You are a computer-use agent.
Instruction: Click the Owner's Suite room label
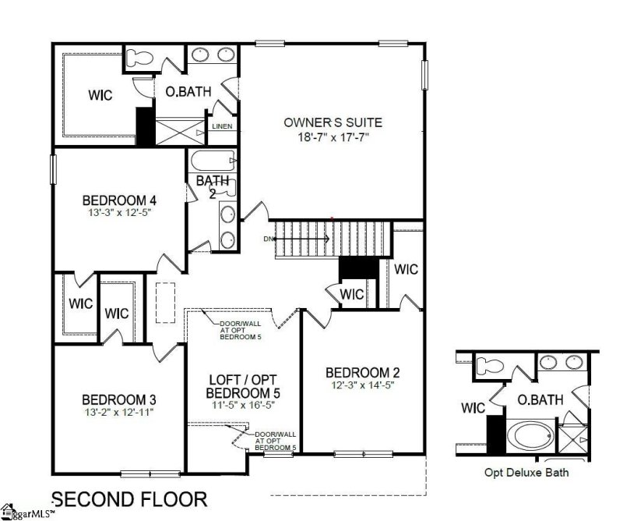click(333, 122)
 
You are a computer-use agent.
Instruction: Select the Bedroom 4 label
click(114, 198)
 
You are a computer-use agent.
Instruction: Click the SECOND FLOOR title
click(128, 498)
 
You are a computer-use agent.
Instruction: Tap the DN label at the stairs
click(269, 238)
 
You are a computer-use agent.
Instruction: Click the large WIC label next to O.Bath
click(100, 95)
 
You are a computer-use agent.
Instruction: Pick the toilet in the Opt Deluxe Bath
click(490, 364)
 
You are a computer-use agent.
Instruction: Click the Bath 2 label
click(212, 186)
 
